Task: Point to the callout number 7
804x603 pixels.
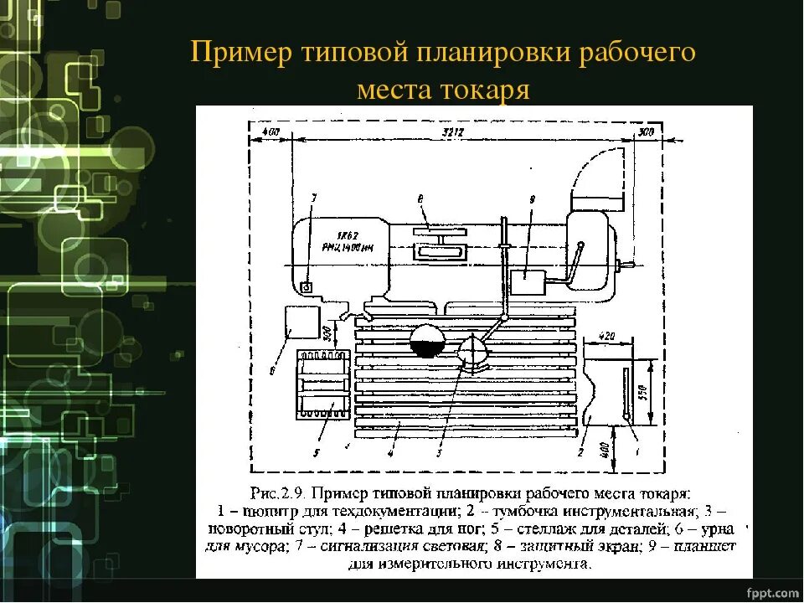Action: click(x=313, y=198)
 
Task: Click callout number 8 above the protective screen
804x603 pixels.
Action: click(x=420, y=198)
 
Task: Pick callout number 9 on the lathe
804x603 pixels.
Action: click(x=531, y=198)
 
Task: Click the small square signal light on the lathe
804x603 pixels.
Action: click(x=307, y=286)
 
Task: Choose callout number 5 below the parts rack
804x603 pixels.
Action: click(x=317, y=453)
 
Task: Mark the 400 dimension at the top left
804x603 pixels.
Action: click(x=270, y=132)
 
